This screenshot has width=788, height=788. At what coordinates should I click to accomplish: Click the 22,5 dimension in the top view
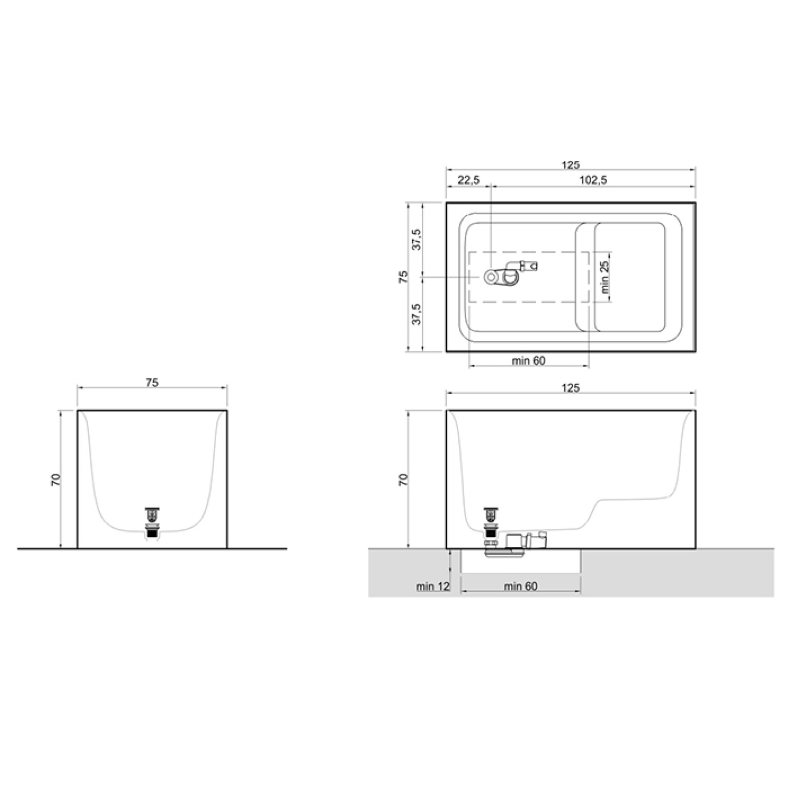[468, 180]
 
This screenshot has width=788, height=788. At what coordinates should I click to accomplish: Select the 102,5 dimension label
[593, 180]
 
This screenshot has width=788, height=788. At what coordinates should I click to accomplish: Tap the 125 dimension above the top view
[570, 165]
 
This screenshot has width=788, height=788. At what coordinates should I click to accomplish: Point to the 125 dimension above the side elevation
[570, 388]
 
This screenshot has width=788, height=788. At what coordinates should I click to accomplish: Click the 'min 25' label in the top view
[605, 277]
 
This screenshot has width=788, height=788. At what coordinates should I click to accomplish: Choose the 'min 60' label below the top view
[529, 361]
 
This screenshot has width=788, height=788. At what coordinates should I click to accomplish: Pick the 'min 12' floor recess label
[433, 586]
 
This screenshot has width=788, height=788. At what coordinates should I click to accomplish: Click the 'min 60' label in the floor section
[521, 586]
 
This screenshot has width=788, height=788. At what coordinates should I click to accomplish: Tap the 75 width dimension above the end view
[152, 383]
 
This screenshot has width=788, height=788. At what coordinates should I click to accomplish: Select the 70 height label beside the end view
[55, 480]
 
